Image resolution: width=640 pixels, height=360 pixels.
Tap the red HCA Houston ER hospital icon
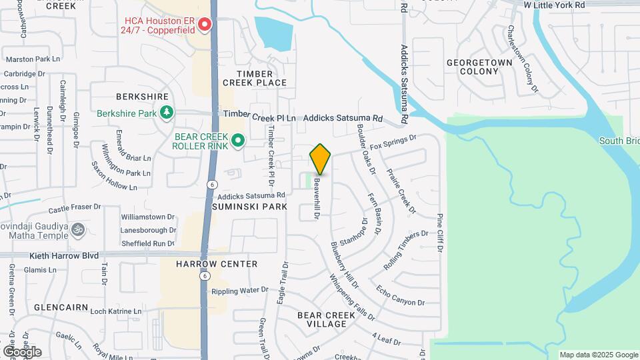tap(205, 25)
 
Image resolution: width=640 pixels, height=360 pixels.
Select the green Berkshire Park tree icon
tap(166, 113)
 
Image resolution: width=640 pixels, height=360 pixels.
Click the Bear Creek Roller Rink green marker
tap(238, 141)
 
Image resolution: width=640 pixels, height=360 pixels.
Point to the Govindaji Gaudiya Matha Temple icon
tap(78, 230)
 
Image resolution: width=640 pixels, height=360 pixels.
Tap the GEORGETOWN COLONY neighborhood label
tap(479, 67)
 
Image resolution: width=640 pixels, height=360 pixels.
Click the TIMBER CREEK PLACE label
tap(255, 78)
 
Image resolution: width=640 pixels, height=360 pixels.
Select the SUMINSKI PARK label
tap(249, 207)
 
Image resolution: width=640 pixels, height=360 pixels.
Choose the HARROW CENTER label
tap(217, 264)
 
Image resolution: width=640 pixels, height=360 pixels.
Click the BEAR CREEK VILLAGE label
tap(322, 319)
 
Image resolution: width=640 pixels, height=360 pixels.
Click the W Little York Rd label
tap(554, 5)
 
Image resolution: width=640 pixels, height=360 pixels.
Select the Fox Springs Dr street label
tap(393, 141)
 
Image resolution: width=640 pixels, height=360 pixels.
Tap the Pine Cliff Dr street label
tap(440, 233)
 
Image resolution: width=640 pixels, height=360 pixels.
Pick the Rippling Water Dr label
tap(239, 291)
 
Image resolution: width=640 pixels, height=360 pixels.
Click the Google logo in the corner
tap(21, 351)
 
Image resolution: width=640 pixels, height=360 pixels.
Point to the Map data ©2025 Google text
tap(599, 355)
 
